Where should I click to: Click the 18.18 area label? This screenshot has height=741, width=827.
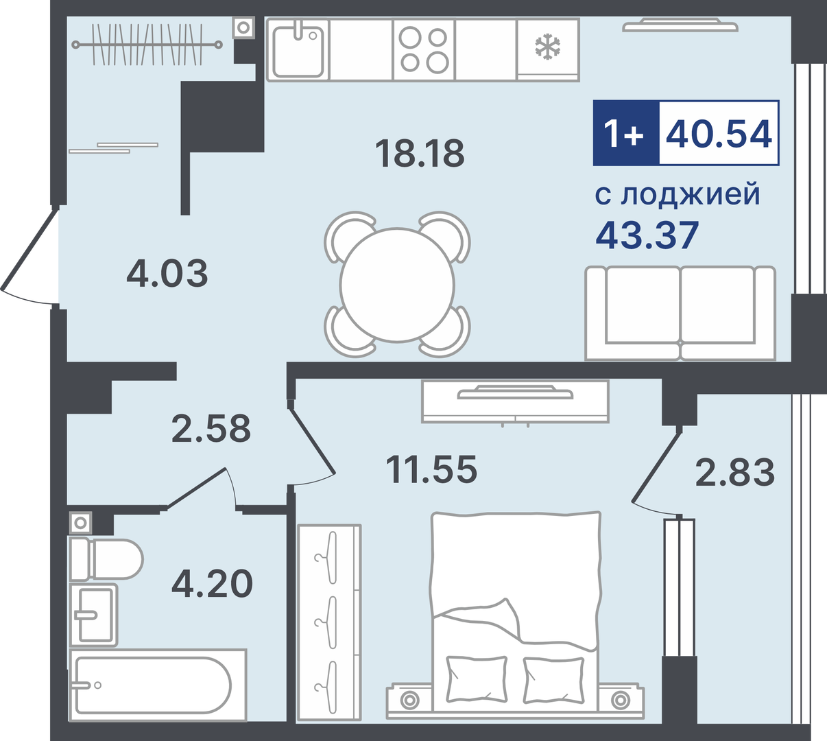point(420,153)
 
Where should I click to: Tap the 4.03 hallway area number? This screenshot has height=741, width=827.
point(167,273)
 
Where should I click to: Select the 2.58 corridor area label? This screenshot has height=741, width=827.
point(211,428)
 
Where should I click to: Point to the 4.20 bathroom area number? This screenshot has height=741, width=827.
point(213,584)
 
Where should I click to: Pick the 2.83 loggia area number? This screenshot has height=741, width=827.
point(735,472)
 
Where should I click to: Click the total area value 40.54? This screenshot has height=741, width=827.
point(719,133)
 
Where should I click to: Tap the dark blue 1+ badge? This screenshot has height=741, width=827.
point(626,133)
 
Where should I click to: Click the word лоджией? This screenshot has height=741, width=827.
point(691,194)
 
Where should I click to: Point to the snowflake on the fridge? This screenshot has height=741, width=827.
point(548,46)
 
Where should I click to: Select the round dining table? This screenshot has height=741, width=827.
point(397,285)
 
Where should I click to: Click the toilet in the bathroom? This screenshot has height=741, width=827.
point(106,559)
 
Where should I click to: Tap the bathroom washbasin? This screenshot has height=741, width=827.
point(93,615)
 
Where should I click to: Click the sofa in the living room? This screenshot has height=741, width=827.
point(680,314)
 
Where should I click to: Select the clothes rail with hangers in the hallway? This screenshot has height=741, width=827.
point(147,45)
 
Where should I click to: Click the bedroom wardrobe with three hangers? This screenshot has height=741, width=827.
point(329,622)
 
